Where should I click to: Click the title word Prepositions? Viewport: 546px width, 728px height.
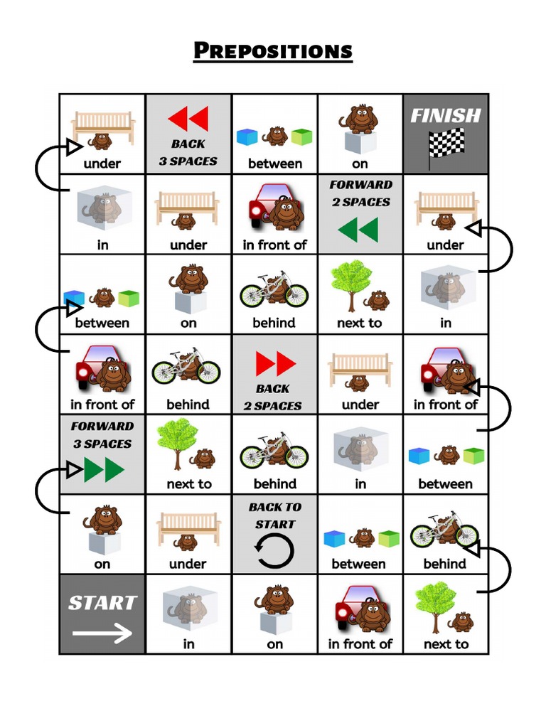tap(273, 51)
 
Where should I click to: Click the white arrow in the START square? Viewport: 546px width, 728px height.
tap(102, 633)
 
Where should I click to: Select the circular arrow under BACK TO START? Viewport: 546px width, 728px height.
tap(274, 551)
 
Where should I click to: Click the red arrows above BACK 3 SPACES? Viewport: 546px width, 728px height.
tap(188, 119)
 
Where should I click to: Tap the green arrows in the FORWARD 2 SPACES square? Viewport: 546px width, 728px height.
tap(358, 230)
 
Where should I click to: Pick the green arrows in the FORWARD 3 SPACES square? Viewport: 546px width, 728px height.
tap(104, 470)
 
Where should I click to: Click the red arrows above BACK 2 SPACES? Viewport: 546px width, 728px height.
tap(275, 364)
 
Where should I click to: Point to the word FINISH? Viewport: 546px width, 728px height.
tap(446, 115)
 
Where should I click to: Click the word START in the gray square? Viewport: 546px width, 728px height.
tap(102, 603)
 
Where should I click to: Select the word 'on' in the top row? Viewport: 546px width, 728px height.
tap(360, 164)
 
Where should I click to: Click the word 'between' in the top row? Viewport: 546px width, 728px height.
tap(274, 164)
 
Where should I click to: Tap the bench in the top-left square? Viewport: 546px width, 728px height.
tap(102, 124)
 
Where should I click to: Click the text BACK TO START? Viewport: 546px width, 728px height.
tap(274, 515)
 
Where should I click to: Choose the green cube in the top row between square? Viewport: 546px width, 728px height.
tap(301, 136)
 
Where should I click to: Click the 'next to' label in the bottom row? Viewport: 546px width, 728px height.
tap(446, 644)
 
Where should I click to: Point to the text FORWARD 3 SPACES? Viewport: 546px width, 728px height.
tap(102, 435)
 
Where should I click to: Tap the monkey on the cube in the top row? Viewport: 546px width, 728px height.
tap(360, 118)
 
